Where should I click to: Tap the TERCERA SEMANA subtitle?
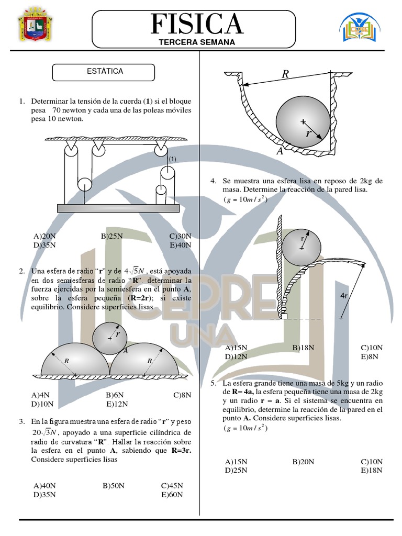197,42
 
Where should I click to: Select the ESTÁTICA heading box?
103,72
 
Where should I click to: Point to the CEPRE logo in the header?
360,27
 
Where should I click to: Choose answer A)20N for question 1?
44,236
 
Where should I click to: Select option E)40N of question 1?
181,245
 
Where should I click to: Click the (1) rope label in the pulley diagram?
173,159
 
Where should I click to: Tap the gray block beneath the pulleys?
118,208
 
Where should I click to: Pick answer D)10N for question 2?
42,404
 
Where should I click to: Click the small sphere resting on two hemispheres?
110,339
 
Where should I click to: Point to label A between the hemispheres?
126,351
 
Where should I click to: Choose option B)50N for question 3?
114,486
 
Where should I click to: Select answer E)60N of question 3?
172,495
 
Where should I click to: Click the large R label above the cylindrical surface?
285,74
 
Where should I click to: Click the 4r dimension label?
344,296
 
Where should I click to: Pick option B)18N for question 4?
303,348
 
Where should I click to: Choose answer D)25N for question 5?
236,471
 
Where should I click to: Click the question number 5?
214,383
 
